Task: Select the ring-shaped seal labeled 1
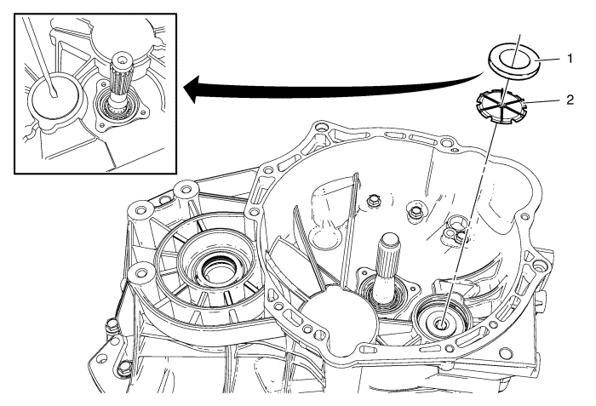pos(510,60)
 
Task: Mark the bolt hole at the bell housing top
pos(321,129)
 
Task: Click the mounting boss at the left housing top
pos(180,188)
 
